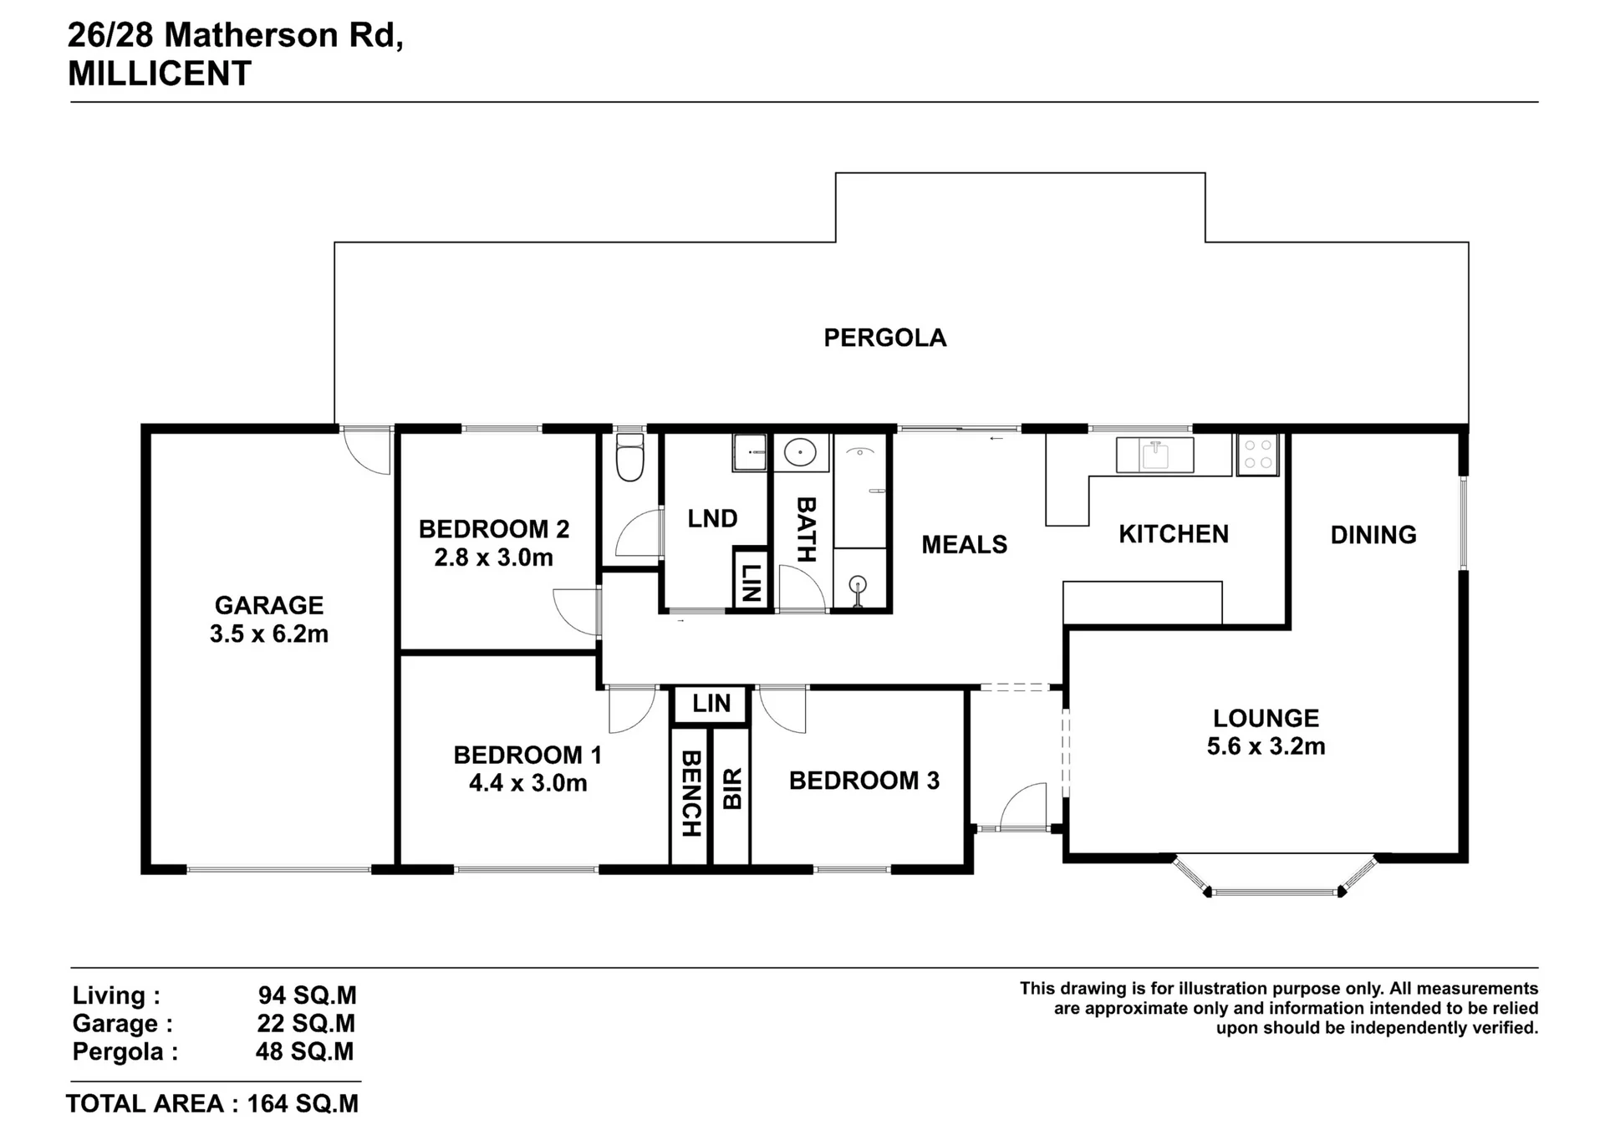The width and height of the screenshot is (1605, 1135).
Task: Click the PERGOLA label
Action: (x=885, y=338)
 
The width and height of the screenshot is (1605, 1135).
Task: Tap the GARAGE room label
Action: (x=269, y=605)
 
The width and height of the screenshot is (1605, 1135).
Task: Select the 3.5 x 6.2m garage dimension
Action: (x=269, y=634)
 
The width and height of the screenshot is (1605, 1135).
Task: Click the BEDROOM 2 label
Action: (x=494, y=529)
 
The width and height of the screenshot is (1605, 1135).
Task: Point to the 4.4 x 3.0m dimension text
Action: (x=528, y=784)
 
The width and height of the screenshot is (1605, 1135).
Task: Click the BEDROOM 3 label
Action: (x=864, y=781)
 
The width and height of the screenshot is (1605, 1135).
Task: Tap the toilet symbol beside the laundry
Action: (x=629, y=457)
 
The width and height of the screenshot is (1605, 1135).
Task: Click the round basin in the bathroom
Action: (x=801, y=453)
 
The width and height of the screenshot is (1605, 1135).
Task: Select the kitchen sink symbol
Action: (x=1154, y=455)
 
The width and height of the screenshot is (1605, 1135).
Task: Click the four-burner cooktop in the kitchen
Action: (x=1258, y=455)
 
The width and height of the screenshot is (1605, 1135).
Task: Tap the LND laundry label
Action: (x=712, y=519)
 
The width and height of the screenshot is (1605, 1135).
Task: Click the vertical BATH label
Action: (x=805, y=530)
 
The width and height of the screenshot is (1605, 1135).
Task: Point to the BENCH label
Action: (x=690, y=793)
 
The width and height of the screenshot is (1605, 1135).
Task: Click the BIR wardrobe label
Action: (x=732, y=790)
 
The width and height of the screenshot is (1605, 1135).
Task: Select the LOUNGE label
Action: (x=1266, y=718)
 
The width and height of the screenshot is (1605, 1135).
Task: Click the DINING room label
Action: (x=1373, y=535)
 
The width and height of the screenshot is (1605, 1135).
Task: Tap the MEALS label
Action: (x=964, y=545)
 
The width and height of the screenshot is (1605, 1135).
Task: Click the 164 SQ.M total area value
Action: (x=303, y=1104)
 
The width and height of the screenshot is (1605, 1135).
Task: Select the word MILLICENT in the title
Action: (x=159, y=74)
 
